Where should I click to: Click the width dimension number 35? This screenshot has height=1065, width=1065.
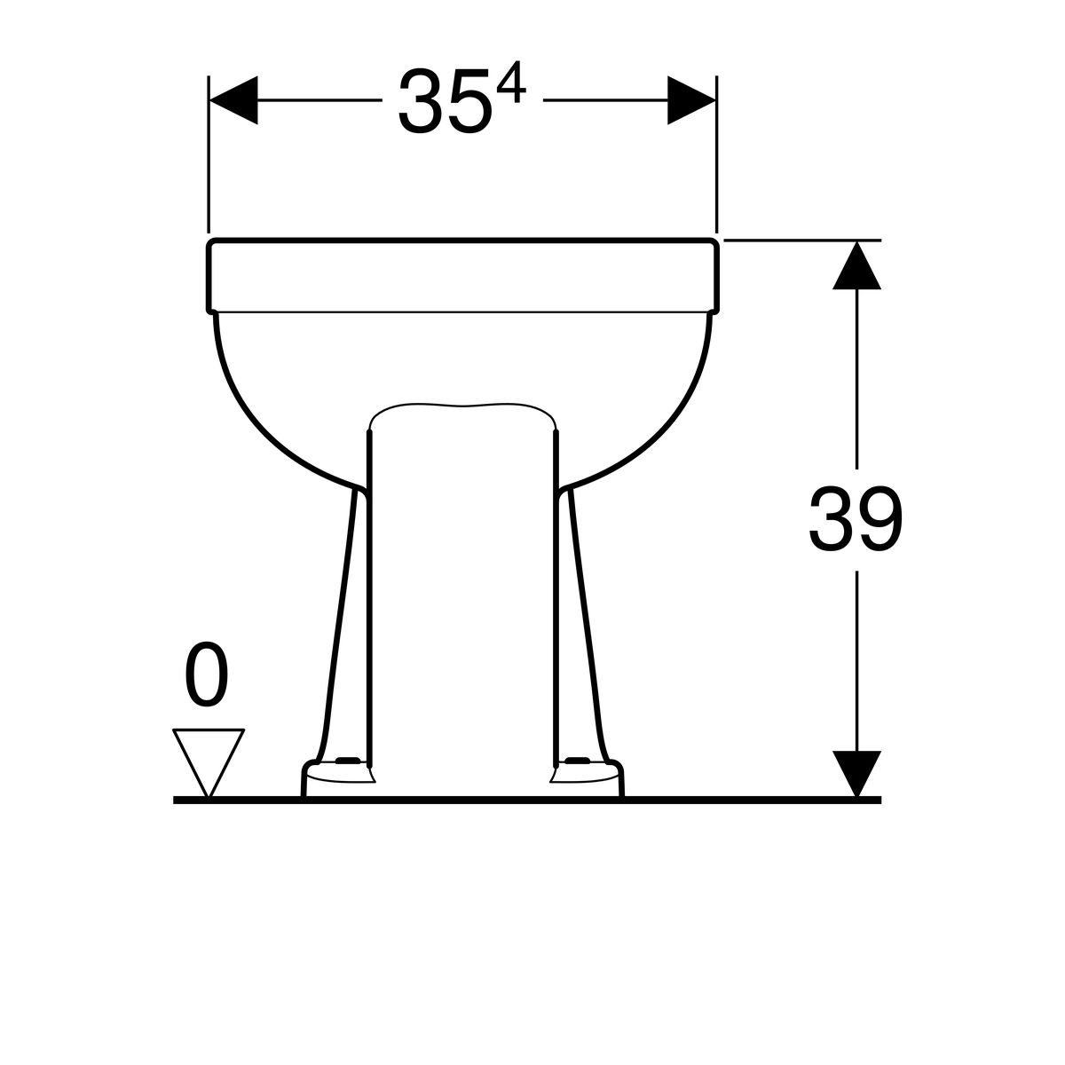[x=445, y=101]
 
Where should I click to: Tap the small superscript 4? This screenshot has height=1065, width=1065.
[x=511, y=83]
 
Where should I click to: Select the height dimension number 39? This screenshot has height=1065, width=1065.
[x=856, y=519]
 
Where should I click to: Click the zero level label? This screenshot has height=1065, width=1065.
[x=206, y=674]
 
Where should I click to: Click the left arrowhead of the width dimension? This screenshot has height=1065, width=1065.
[x=233, y=100]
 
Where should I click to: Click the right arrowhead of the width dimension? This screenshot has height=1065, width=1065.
[x=691, y=100]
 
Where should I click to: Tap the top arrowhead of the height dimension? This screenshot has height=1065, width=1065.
[x=856, y=265]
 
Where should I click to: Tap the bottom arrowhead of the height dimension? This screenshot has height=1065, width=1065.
[x=856, y=774]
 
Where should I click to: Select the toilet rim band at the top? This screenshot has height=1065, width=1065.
[x=463, y=276]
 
